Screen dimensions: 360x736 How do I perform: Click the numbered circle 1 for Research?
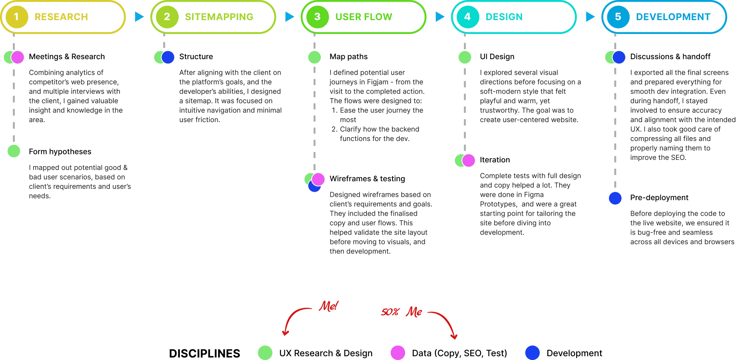pyautogui.click(x=16, y=17)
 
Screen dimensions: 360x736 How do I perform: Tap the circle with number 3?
pyautogui.click(x=317, y=17)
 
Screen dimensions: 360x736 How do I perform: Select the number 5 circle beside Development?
pyautogui.click(x=618, y=17)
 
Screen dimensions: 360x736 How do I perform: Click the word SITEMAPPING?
pyautogui.click(x=219, y=17)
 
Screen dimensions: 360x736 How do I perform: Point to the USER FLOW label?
pyautogui.click(x=364, y=17)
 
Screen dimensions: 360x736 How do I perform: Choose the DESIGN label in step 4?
pyautogui.click(x=504, y=17)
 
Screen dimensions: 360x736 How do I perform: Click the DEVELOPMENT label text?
pyautogui.click(x=673, y=17)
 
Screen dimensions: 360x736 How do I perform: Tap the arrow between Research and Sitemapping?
pyautogui.click(x=139, y=17)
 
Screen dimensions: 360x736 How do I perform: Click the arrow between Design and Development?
pyautogui.click(x=590, y=17)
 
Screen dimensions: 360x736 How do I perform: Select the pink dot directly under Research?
pyautogui.click(x=18, y=57)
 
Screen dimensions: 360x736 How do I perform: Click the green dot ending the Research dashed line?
pyautogui.click(x=13, y=151)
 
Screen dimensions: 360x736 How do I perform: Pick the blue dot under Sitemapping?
pyautogui.click(x=168, y=57)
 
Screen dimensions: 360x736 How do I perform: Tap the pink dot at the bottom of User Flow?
pyautogui.click(x=318, y=179)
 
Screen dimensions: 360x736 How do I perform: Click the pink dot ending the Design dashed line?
pyautogui.click(x=468, y=160)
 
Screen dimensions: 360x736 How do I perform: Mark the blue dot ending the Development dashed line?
pyautogui.click(x=615, y=198)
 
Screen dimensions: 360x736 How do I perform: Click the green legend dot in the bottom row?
pyautogui.click(x=265, y=352)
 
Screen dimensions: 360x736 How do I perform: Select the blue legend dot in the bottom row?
pyautogui.click(x=532, y=352)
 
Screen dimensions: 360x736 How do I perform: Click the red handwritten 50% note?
pyautogui.click(x=390, y=312)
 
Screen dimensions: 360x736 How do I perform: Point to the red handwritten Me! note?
pyautogui.click(x=328, y=306)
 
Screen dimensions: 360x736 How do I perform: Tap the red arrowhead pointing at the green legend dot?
pyautogui.click(x=286, y=334)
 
